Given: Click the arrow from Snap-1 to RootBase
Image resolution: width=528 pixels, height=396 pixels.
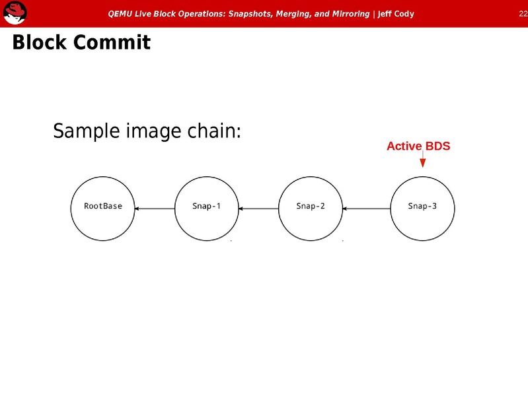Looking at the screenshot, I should tap(155, 209).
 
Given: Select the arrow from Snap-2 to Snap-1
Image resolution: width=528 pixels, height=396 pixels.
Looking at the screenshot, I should tap(258, 209).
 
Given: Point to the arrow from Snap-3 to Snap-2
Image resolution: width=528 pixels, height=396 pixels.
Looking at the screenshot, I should tap(367, 209).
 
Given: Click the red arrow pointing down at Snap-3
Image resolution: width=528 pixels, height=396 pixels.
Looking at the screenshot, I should tap(422, 161).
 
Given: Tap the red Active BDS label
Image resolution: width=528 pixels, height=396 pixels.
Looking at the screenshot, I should tap(418, 146).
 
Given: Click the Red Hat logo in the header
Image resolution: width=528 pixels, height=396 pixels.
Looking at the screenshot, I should tap(15, 13).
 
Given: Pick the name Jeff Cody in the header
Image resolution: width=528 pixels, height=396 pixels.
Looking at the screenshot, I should tap(396, 14).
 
